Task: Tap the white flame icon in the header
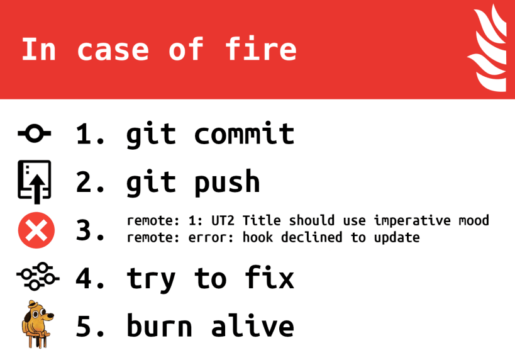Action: pos(488,49)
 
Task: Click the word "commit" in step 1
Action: pos(244,134)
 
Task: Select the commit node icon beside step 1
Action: pos(35,133)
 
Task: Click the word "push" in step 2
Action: pos(227,183)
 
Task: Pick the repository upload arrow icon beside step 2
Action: pos(35,182)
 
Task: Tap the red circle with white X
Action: pos(36,230)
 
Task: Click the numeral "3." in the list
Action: pos(91,230)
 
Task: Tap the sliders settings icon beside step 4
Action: pos(36,277)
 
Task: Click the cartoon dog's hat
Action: pos(35,307)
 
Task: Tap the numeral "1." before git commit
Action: pos(91,134)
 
